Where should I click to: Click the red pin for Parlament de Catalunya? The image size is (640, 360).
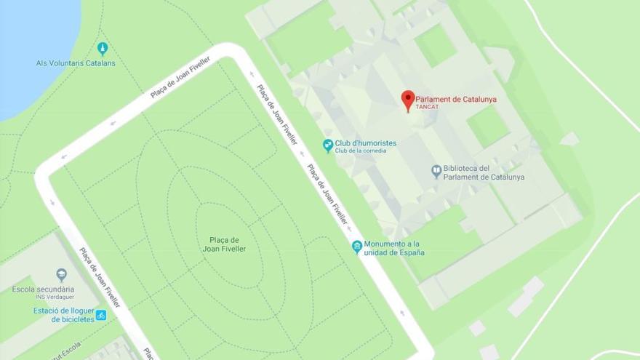coord(408,100)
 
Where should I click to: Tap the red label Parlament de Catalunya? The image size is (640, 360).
coord(456,100)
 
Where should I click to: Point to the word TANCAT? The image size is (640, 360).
coord(428,108)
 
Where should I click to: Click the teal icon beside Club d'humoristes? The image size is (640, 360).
coord(328,145)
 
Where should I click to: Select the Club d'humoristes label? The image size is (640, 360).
coord(366,143)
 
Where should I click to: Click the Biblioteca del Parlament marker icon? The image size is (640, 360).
coord(436,172)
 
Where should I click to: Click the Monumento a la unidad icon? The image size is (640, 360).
coord(357,247)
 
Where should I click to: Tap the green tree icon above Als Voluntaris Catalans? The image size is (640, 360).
coord(103,49)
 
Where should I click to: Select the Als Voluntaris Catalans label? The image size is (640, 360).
coord(76,63)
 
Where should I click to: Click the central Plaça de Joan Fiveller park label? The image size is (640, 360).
coord(224,244)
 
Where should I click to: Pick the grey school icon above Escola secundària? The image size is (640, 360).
coord(61,275)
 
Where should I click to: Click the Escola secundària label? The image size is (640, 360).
coord(43,289)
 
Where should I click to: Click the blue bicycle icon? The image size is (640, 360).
coord(101,315)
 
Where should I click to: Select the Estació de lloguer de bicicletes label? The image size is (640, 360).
coord(64,315)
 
